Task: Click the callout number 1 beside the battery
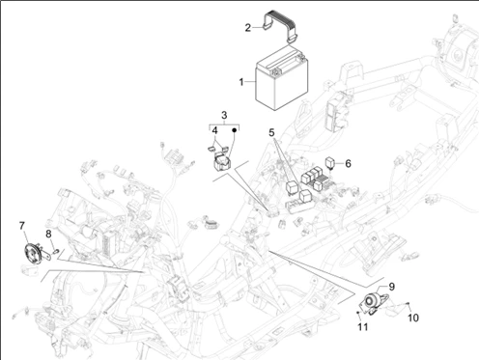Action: point(242,83)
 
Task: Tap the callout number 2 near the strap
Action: point(220,27)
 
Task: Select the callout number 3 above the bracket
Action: point(223,115)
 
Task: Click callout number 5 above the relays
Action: point(272,132)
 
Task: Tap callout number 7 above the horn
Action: point(21,226)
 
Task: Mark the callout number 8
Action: point(48,234)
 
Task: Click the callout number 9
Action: point(391,287)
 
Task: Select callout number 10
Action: point(412,318)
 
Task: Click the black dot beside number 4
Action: point(232,129)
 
